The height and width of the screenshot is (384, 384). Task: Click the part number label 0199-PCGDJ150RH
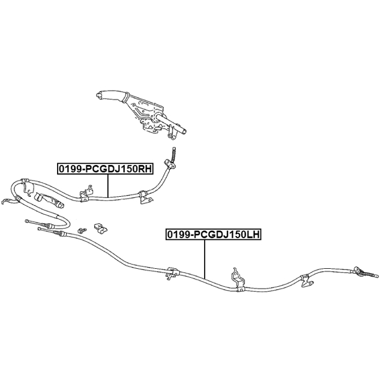[106, 169]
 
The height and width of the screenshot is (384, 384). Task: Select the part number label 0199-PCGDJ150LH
[214, 235]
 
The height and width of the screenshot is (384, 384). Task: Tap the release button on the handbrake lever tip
[98, 95]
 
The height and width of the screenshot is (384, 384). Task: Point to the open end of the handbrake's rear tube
[184, 131]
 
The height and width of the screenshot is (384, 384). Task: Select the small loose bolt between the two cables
[82, 230]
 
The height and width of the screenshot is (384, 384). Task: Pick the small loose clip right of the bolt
[101, 228]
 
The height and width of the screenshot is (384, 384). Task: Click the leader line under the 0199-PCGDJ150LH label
[205, 259]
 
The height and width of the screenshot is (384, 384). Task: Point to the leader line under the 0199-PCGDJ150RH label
[108, 186]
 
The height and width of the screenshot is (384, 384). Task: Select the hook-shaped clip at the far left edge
[6, 202]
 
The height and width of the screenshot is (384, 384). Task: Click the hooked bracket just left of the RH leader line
[86, 194]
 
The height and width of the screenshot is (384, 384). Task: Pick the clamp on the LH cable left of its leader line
[172, 273]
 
